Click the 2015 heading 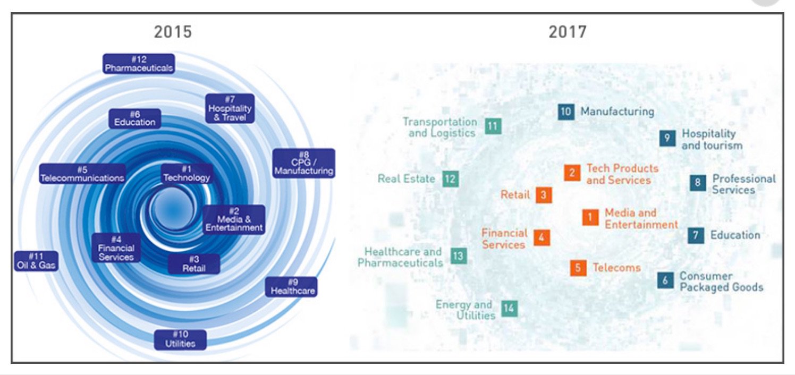pos(173,32)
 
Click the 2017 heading pos(568,32)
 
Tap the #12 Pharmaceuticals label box pos(139,64)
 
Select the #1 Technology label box pos(187,174)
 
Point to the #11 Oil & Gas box pos(36,260)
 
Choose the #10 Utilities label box pos(180,339)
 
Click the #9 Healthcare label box pos(291,287)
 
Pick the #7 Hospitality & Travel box pos(230,108)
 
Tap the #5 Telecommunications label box pos(82,174)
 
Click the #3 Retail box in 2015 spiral pos(194,264)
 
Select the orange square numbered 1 pos(590,217)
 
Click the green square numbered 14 pos(509,309)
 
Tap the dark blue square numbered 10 pos(566,112)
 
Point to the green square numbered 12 pos(450,179)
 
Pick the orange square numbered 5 pos(578,268)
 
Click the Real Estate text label pos(407,179)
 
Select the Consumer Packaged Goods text pos(721,282)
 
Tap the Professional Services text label pos(743,184)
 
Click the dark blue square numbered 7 pos(696,235)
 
